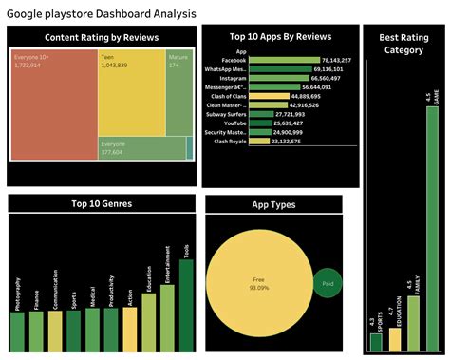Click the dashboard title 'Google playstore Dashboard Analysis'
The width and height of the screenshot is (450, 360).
tap(103, 13)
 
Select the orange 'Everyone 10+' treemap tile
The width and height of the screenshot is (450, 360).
tap(52, 104)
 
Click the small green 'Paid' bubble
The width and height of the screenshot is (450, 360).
tap(327, 283)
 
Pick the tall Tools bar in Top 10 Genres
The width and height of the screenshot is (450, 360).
tap(186, 300)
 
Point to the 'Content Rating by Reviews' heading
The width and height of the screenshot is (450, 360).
tap(102, 38)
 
